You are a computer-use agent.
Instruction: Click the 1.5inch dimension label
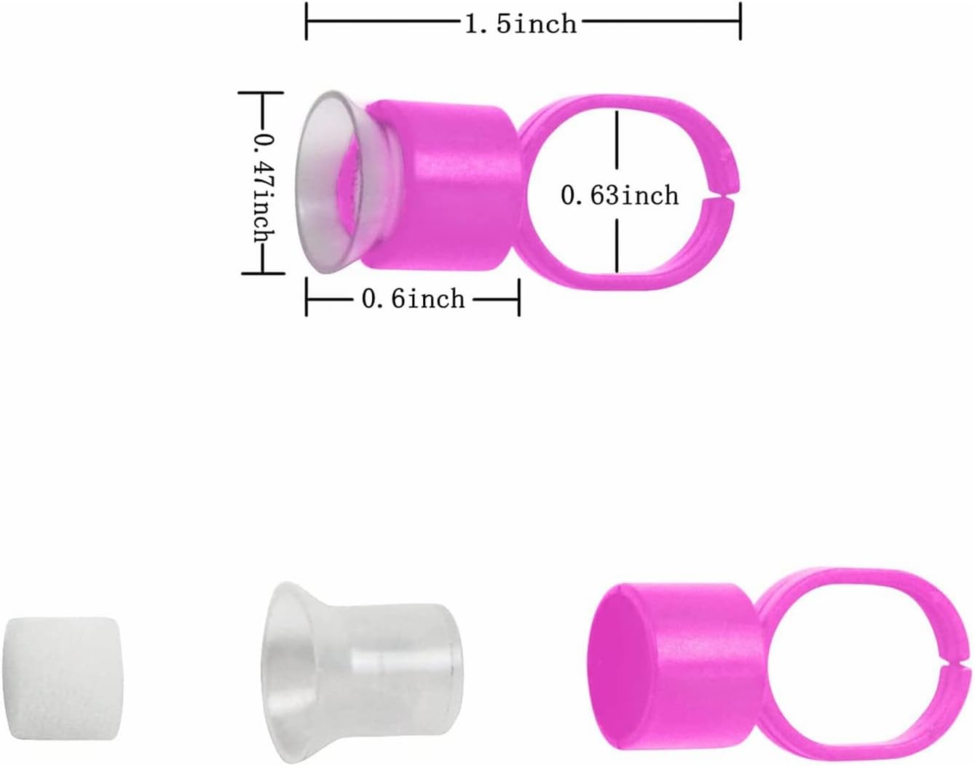[x=521, y=23]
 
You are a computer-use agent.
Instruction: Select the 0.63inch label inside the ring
[x=619, y=195]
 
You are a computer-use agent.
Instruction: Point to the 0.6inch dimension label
[x=413, y=299]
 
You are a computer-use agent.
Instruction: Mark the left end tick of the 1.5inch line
[x=307, y=22]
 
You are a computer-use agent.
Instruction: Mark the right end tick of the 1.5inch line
[x=740, y=22]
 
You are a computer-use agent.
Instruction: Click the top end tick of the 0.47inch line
[x=261, y=92]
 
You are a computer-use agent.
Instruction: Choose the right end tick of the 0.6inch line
[x=518, y=299]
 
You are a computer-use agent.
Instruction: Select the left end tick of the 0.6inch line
[x=307, y=299]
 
